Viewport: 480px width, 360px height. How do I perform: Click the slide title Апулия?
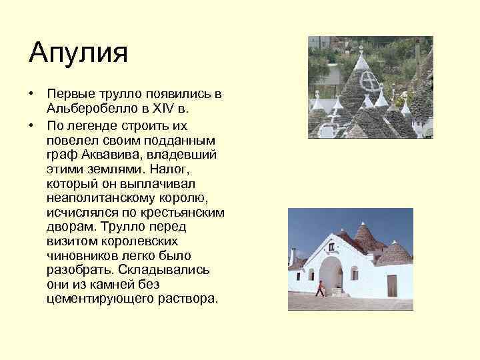pos(78,53)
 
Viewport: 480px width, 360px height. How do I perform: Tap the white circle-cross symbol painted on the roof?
pos(367,83)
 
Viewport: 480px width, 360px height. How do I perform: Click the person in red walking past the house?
pos(321,288)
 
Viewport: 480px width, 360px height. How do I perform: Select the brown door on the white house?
pos(392,285)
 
